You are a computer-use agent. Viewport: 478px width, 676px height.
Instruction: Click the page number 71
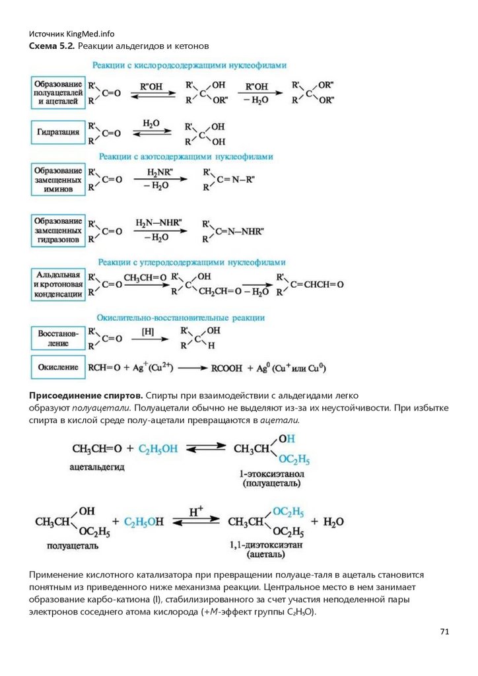tap(444, 632)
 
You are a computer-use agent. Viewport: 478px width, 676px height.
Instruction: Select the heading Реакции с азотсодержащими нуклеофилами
tap(186, 156)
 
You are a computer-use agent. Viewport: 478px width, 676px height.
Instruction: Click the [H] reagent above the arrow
tap(148, 330)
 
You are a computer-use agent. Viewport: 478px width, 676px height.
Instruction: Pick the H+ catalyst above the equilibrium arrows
tap(196, 511)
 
